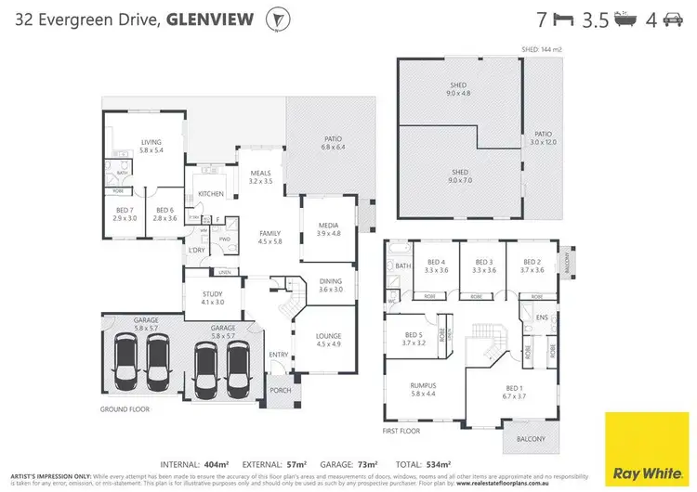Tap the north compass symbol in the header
pos(275,19)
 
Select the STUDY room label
pos(213,296)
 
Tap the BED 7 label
pos(123,214)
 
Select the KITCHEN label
pos(211,193)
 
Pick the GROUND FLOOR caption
pos(125,408)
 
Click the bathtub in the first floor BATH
pos(398,251)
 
